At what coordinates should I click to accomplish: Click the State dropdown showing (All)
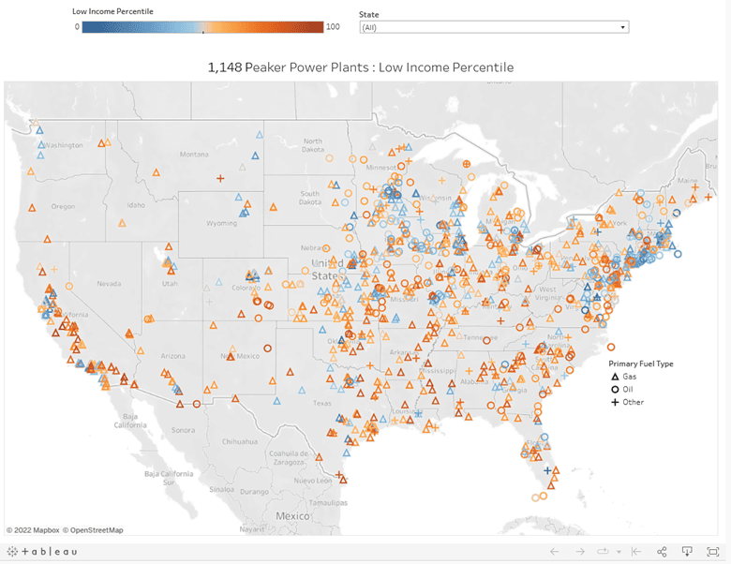pos(493,27)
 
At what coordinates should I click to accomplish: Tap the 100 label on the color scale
pos(332,26)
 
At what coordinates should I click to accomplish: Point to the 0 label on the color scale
pos(77,26)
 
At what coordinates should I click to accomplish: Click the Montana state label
pos(194,154)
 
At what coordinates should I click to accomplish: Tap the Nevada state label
pos(109,283)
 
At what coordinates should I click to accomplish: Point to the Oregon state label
pos(63,206)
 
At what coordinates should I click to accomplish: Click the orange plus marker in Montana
pos(220,178)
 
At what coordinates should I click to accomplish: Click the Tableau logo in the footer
pos(44,551)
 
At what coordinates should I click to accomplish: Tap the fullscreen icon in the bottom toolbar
pos(713,551)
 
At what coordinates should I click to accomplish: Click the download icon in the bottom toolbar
pos(687,551)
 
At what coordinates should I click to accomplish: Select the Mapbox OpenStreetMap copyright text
pos(65,529)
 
